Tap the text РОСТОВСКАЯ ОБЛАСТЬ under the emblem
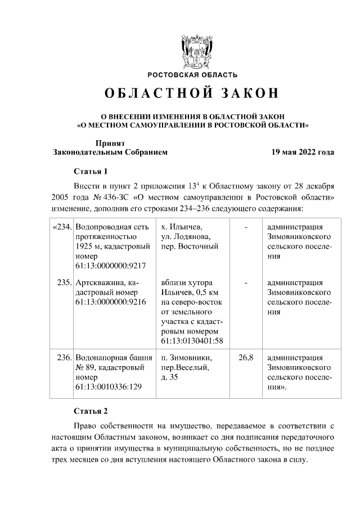pyautogui.click(x=192, y=75)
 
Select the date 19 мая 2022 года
pyautogui.click(x=303, y=152)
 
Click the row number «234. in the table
pyautogui.click(x=61, y=227)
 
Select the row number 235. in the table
pyautogui.click(x=63, y=282)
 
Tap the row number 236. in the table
pyautogui.click(x=63, y=358)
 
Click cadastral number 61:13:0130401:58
pyautogui.click(x=192, y=341)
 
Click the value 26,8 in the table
pyautogui.click(x=246, y=358)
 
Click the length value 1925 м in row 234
pyautogui.click(x=89, y=246)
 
